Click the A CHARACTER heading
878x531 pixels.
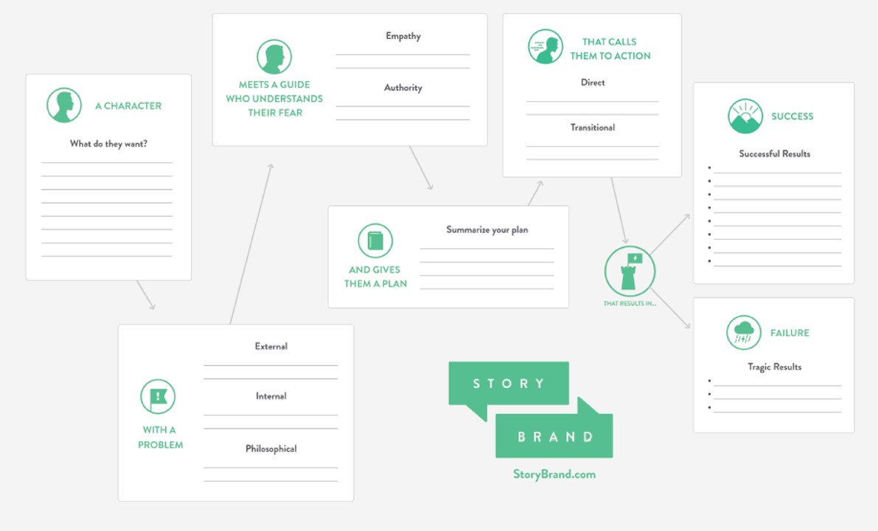click(x=128, y=106)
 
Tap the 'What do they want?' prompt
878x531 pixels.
click(x=108, y=144)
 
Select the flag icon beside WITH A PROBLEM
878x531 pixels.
click(x=158, y=397)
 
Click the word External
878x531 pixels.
click(x=271, y=347)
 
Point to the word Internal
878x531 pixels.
click(x=271, y=396)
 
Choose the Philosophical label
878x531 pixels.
click(x=271, y=448)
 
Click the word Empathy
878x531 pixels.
click(x=403, y=36)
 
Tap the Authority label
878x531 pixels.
click(x=403, y=88)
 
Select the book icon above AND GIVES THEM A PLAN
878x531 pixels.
click(x=375, y=241)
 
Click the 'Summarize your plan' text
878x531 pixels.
click(x=487, y=229)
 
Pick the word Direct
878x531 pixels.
click(x=593, y=83)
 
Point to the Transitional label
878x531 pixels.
click(x=593, y=128)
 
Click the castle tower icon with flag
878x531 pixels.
click(x=630, y=271)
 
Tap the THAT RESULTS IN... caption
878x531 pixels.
click(x=630, y=304)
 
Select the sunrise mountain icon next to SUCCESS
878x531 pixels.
click(x=745, y=117)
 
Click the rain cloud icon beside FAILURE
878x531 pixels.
click(x=744, y=333)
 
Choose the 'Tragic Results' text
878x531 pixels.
click(x=774, y=367)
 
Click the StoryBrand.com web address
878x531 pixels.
click(x=554, y=474)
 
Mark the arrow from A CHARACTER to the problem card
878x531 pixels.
click(x=145, y=294)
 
